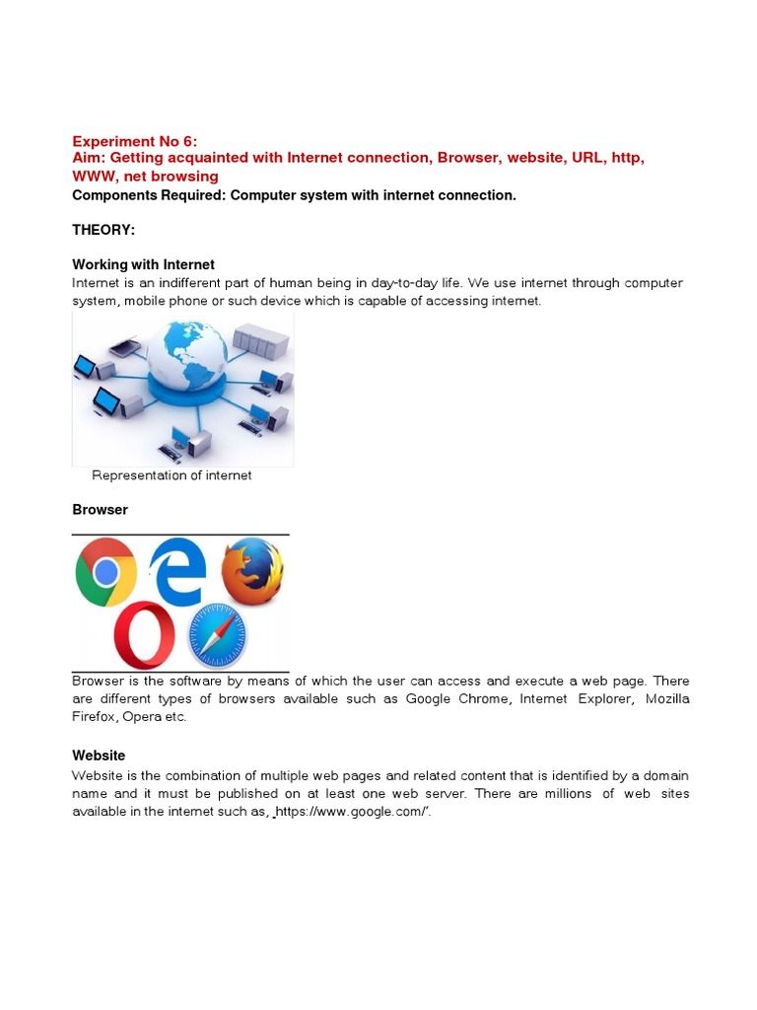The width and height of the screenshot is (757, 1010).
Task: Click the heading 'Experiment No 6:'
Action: [135, 141]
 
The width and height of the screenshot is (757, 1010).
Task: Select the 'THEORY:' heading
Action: [103, 230]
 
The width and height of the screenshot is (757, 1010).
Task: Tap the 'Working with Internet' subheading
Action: [143, 264]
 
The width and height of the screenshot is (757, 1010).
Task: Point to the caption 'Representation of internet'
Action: [172, 475]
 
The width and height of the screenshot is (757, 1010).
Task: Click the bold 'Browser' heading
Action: [100, 510]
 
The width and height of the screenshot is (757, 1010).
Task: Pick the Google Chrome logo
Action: [106, 572]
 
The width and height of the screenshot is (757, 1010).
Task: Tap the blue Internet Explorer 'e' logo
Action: [179, 572]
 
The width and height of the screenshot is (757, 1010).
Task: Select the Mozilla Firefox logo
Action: [251, 570]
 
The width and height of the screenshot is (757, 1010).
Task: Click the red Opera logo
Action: [144, 634]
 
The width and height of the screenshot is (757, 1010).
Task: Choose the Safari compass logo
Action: [217, 634]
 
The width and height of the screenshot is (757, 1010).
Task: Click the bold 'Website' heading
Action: [99, 755]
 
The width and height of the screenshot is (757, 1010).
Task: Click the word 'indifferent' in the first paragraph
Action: [184, 283]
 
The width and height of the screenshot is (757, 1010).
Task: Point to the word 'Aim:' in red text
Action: [90, 158]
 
